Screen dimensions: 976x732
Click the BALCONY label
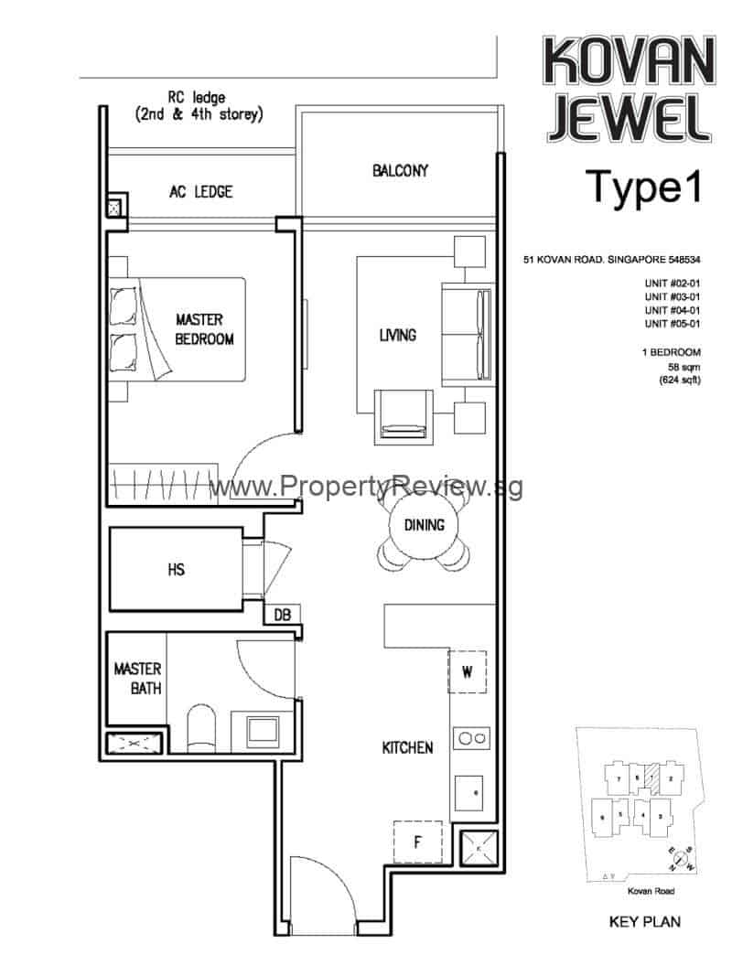point(400,170)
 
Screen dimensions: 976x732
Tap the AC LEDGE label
point(200,192)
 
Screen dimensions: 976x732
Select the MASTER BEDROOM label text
point(205,329)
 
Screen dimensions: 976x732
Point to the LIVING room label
point(397,336)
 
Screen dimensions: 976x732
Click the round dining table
point(424,525)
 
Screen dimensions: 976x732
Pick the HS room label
point(177,569)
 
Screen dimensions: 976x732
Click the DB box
point(282,616)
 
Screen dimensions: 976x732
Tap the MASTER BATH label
point(137,678)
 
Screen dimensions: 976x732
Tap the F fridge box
point(417,842)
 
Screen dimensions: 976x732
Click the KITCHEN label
point(407,748)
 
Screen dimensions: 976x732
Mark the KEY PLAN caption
point(644,922)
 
